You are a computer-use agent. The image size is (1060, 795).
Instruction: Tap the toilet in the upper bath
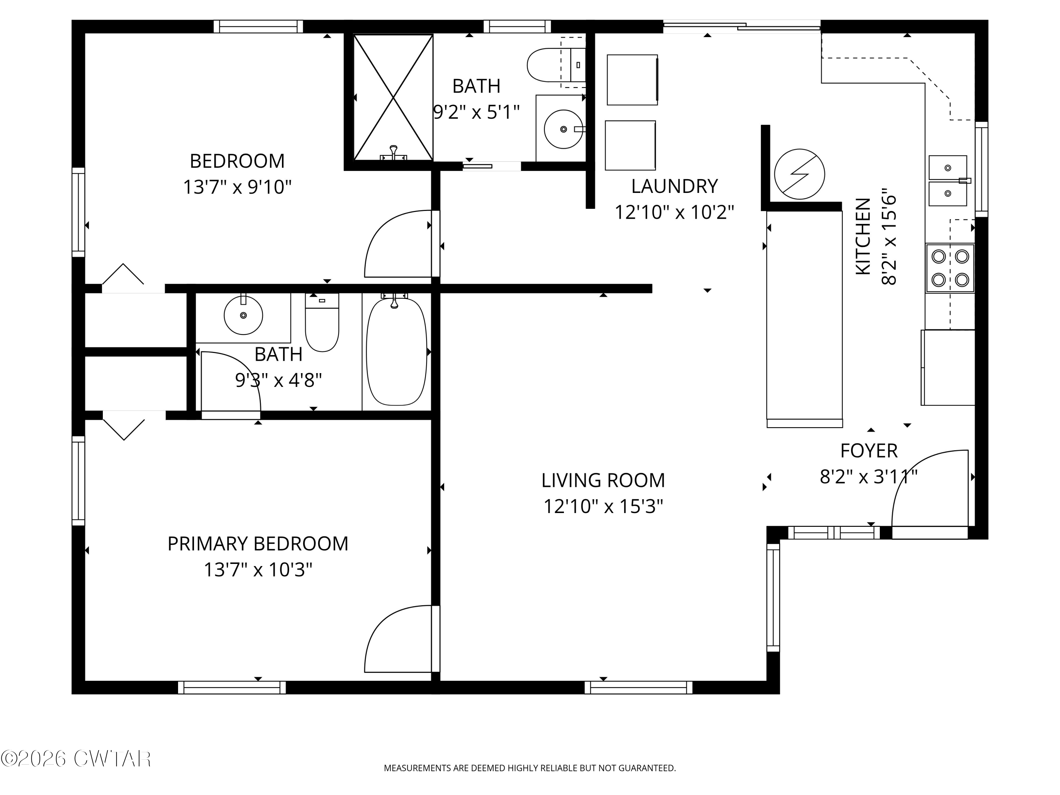[556, 65]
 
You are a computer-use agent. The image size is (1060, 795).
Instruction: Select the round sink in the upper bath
[564, 129]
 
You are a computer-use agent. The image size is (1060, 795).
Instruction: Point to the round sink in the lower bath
[243, 315]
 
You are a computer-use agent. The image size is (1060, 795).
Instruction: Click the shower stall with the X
[393, 97]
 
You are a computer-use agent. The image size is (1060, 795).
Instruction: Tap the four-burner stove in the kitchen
[950, 268]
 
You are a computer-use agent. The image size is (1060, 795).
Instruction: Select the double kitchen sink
[948, 181]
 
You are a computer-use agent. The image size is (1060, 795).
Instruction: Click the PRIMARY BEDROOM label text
[258, 544]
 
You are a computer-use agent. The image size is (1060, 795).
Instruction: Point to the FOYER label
[869, 451]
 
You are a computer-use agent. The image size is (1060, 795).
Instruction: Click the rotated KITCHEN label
[863, 236]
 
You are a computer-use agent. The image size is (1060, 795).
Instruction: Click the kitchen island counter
[805, 319]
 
